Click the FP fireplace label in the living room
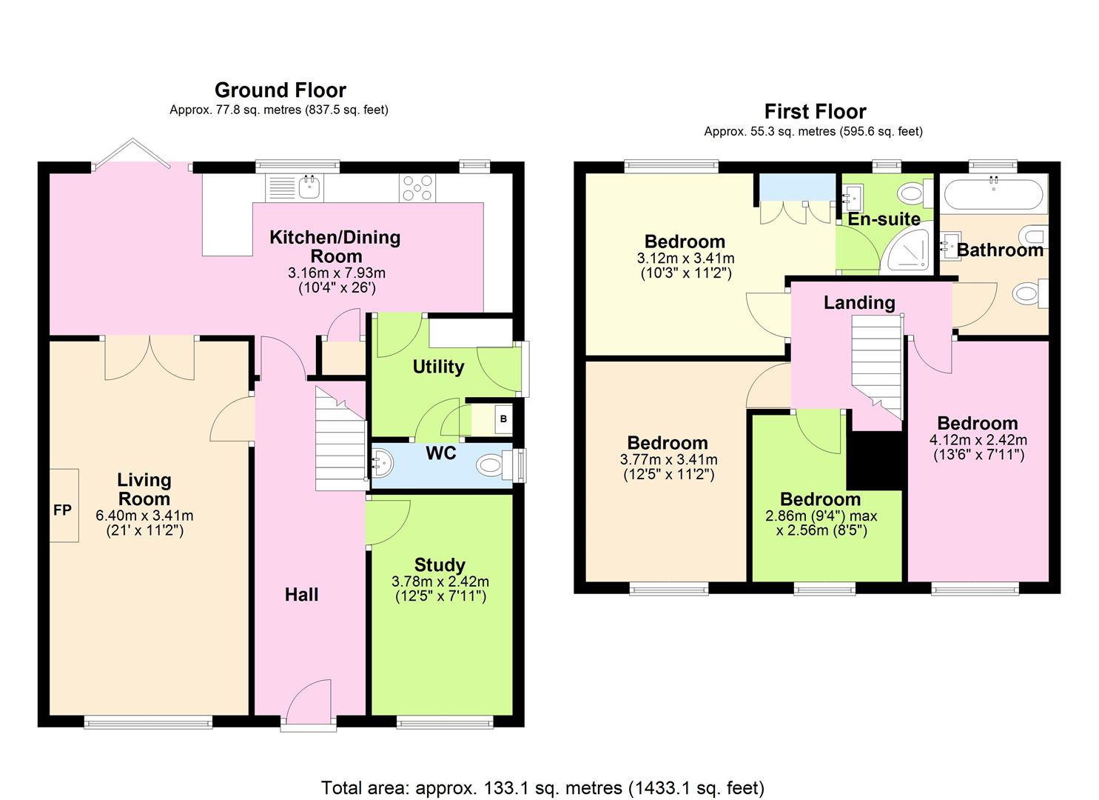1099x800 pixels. (x=62, y=510)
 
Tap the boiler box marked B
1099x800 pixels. (x=503, y=419)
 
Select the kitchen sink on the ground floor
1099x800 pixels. (x=310, y=187)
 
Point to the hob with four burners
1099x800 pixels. (x=417, y=187)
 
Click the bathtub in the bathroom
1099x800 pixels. (x=994, y=193)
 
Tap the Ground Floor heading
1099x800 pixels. (x=280, y=90)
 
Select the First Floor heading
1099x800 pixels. (x=815, y=111)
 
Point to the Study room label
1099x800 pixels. (x=440, y=564)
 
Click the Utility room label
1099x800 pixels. (x=438, y=367)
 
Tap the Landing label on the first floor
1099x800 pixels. (x=859, y=302)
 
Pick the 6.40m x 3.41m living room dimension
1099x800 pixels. (x=144, y=516)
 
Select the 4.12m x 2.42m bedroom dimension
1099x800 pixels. (x=978, y=440)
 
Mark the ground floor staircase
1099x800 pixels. (x=340, y=439)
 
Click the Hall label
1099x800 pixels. (x=301, y=595)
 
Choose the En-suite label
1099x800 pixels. (x=884, y=219)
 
